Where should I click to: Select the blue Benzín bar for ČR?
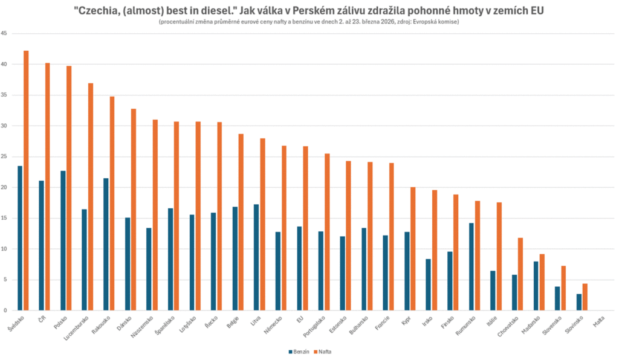41,245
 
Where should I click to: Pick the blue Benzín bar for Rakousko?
106,244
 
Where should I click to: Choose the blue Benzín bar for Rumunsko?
472,266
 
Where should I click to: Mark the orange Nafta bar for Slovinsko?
585,297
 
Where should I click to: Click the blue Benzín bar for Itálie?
493,291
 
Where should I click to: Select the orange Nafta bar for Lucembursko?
91,196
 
